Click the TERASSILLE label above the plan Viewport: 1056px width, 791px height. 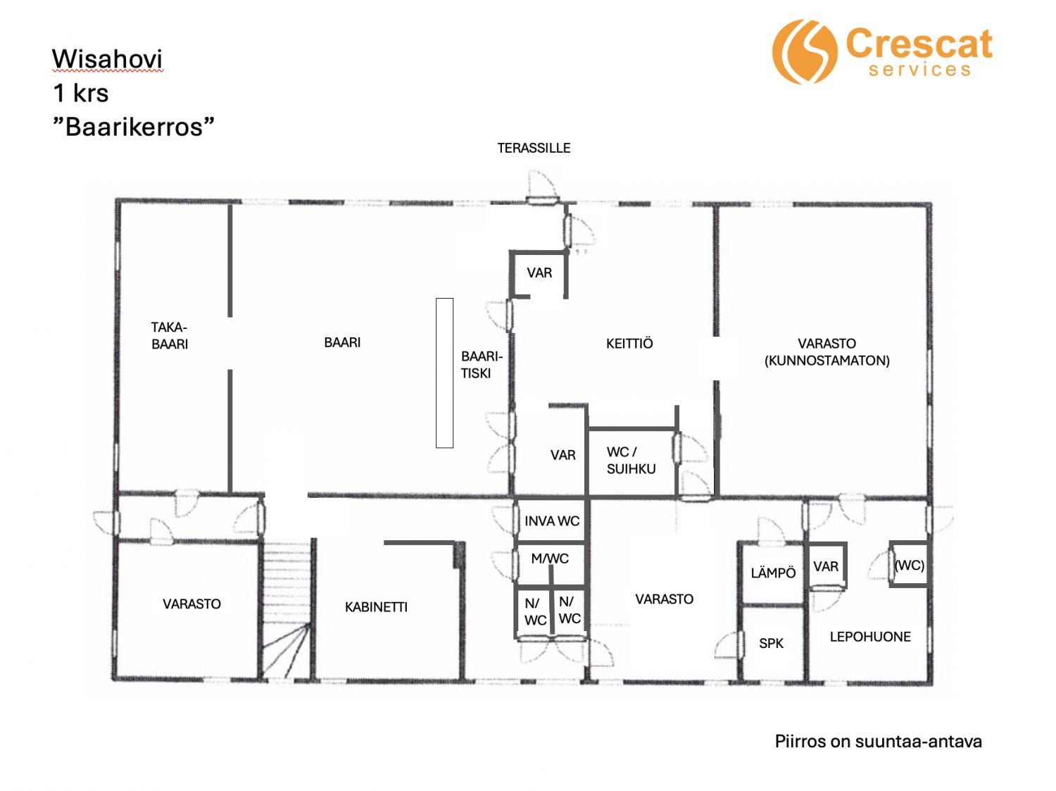click(x=534, y=148)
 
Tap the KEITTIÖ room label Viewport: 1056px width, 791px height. click(x=629, y=344)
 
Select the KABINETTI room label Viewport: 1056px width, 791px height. click(x=376, y=607)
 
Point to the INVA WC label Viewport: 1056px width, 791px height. click(x=552, y=521)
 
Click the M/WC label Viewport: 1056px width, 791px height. click(x=550, y=559)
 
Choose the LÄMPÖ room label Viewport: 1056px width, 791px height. click(x=773, y=573)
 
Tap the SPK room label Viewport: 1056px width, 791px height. click(x=771, y=643)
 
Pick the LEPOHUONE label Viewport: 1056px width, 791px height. click(x=870, y=637)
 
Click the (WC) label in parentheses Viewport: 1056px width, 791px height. click(x=910, y=566)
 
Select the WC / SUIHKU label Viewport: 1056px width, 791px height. click(x=631, y=461)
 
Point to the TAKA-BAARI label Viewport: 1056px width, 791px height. click(x=170, y=336)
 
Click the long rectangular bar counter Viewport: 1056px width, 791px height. click(x=444, y=373)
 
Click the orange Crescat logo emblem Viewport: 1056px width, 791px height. click(x=805, y=51)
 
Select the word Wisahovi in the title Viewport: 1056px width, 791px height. click(x=107, y=59)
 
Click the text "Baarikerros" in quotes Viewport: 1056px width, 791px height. click(x=133, y=127)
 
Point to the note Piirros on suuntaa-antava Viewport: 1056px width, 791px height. click(x=879, y=742)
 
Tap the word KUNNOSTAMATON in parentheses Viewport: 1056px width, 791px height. click(x=827, y=361)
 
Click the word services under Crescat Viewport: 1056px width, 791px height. click(x=919, y=70)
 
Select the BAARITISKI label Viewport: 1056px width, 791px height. click(x=482, y=365)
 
